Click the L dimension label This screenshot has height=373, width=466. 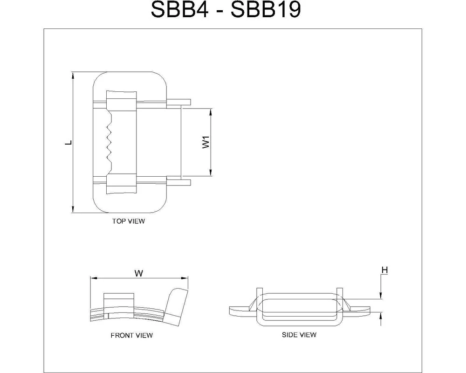pos(68,143)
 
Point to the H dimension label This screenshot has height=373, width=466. pos(384,270)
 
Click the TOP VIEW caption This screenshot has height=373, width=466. pos(128,221)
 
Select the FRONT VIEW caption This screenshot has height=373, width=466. pos(131,335)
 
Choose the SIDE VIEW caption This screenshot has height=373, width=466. pos(299,335)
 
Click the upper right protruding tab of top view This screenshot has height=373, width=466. pos(179,102)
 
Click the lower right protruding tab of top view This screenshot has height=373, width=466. pos(179,182)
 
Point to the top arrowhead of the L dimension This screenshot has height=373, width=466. pos(73,76)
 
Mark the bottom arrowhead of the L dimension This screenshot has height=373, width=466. pos(73,210)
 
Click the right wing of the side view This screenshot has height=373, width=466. pos(359,309)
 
